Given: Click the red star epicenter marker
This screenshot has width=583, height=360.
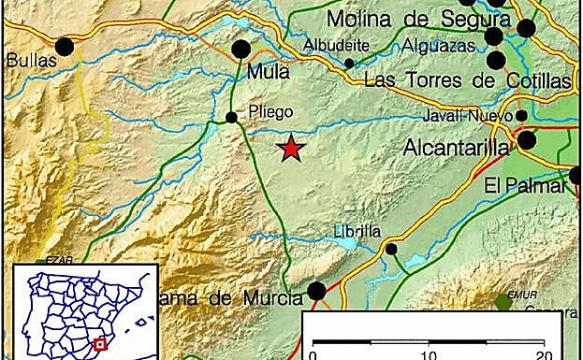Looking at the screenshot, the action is tap(292, 148).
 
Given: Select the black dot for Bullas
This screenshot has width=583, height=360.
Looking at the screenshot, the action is tap(65, 46).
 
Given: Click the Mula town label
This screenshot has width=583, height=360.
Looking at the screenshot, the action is tap(268, 70).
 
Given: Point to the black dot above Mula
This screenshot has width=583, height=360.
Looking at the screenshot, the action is tap(241, 49).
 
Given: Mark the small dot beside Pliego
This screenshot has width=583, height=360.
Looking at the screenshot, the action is tap(231, 117).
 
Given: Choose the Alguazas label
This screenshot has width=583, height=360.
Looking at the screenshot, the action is tap(440, 44).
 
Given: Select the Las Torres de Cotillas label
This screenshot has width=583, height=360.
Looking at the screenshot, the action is tap(467, 80).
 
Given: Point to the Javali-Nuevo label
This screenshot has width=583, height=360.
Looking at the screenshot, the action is tap(465, 116).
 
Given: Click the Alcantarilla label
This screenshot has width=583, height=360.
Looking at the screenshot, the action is tap(456, 148).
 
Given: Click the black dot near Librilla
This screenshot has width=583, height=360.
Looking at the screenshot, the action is tap(391, 249).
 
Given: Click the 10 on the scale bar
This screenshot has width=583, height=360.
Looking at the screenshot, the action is tap(430, 353).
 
